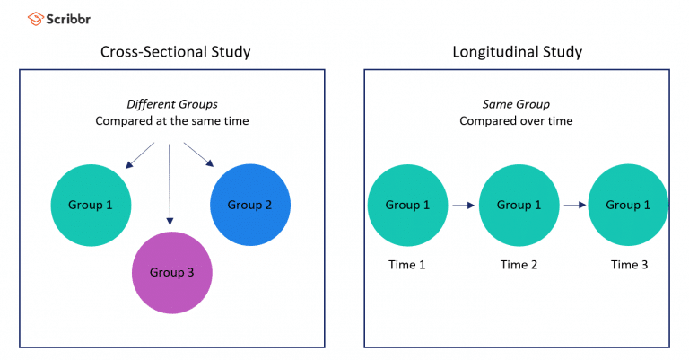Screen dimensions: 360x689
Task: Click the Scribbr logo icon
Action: (x=35, y=17)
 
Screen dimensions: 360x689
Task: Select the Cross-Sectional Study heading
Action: (x=175, y=52)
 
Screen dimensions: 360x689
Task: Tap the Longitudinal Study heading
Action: (x=517, y=52)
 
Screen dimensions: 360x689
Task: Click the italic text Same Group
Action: (x=516, y=105)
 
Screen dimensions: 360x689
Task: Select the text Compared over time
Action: (x=516, y=120)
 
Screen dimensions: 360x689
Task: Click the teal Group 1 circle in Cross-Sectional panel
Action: (x=91, y=205)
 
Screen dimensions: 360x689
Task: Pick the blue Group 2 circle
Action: (x=249, y=205)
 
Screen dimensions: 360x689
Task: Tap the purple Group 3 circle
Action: (x=171, y=273)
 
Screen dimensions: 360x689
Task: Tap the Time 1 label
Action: (x=407, y=264)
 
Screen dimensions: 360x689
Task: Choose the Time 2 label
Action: (x=519, y=264)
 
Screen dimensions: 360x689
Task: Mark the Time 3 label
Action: (x=628, y=264)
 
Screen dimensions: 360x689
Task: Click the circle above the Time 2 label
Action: (x=519, y=205)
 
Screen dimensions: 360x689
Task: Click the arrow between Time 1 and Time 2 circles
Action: (x=463, y=206)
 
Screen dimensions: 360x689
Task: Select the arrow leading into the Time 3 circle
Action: (x=573, y=206)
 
